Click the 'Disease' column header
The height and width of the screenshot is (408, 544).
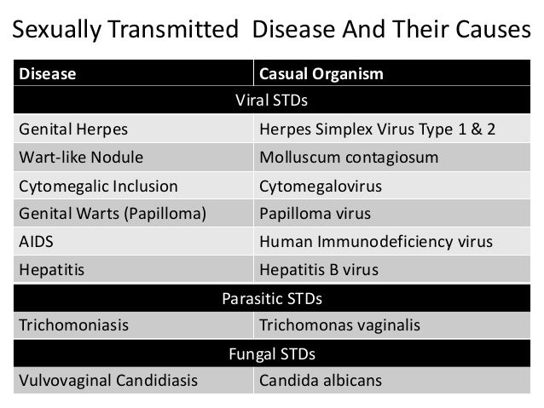tap(48, 74)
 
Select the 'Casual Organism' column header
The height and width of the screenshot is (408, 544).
tap(321, 74)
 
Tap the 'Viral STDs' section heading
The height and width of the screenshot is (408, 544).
tap(271, 101)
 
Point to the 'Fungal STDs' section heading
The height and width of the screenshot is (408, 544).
tap(271, 353)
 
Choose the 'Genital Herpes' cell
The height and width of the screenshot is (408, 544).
tap(67, 130)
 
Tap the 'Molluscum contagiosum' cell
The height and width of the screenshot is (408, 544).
tap(349, 158)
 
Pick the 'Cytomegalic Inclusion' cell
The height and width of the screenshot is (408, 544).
tap(98, 186)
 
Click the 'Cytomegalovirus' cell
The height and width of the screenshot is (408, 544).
tap(320, 186)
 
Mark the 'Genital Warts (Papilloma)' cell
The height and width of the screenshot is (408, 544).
tap(112, 214)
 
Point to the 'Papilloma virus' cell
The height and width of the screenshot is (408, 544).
tap(315, 214)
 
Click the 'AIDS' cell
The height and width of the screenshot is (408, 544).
tap(35, 241)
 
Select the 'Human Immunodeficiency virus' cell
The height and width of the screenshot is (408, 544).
tap(375, 241)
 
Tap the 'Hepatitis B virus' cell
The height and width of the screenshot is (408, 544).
tap(318, 269)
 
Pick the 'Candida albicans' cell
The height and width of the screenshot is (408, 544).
tap(320, 380)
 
